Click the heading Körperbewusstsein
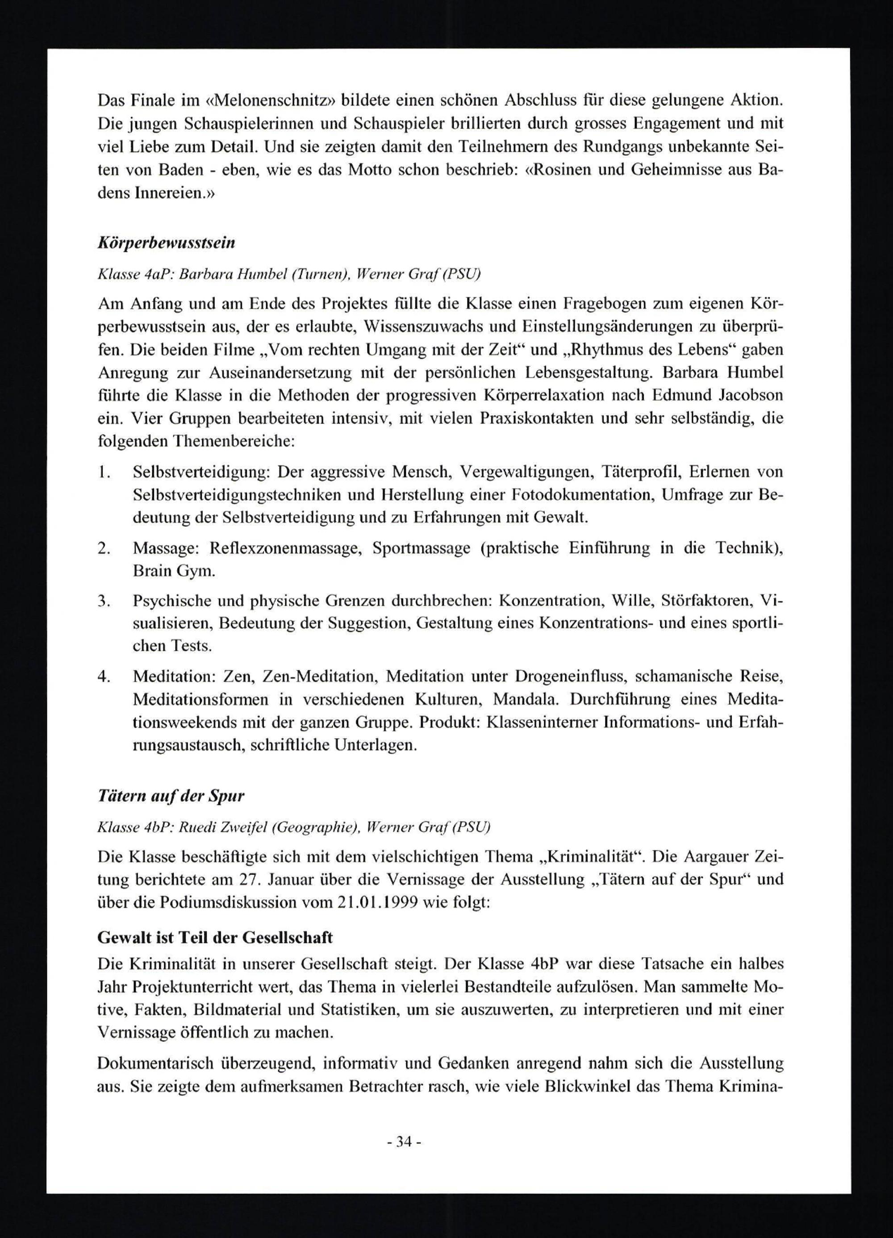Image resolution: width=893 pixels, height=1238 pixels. click(166, 243)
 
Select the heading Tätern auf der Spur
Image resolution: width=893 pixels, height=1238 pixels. click(171, 796)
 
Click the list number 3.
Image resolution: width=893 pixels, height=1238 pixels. click(104, 601)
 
